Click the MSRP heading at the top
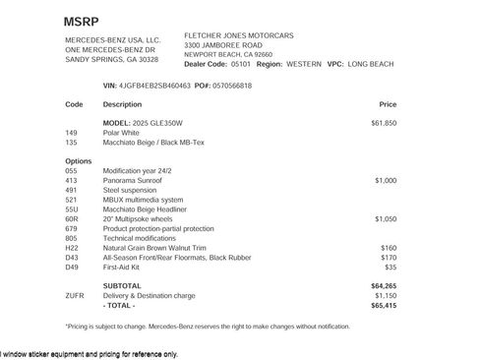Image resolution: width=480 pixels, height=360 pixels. click(82, 20)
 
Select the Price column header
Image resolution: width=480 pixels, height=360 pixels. click(388, 103)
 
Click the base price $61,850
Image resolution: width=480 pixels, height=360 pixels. click(384, 123)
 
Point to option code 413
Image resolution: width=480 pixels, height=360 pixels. click(71, 181)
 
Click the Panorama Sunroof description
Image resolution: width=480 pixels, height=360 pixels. click(134, 181)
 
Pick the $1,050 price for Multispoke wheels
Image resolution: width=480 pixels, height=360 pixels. click(385, 219)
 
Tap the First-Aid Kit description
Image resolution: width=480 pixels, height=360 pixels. click(127, 267)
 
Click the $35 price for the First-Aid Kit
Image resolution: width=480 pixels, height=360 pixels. click(390, 267)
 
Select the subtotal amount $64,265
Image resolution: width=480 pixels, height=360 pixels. click(384, 285)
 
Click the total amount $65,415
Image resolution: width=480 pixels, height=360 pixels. click(384, 305)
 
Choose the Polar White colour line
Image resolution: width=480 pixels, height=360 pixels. click(124, 132)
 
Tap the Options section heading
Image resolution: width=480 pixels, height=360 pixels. click(79, 160)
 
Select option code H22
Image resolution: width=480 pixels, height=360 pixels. click(72, 248)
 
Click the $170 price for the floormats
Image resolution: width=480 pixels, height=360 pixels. click(388, 258)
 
